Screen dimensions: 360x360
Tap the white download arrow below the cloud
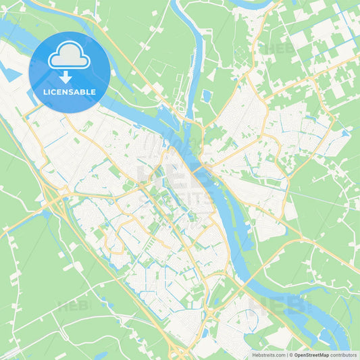[66, 77]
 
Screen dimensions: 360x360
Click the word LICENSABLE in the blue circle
[70, 92]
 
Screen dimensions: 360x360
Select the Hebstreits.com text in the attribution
[268, 355]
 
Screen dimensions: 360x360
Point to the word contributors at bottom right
[344, 355]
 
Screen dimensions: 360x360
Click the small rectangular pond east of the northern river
[206, 95]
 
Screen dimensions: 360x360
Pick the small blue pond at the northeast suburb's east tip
[345, 133]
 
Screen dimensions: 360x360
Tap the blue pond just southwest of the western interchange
[44, 215]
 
